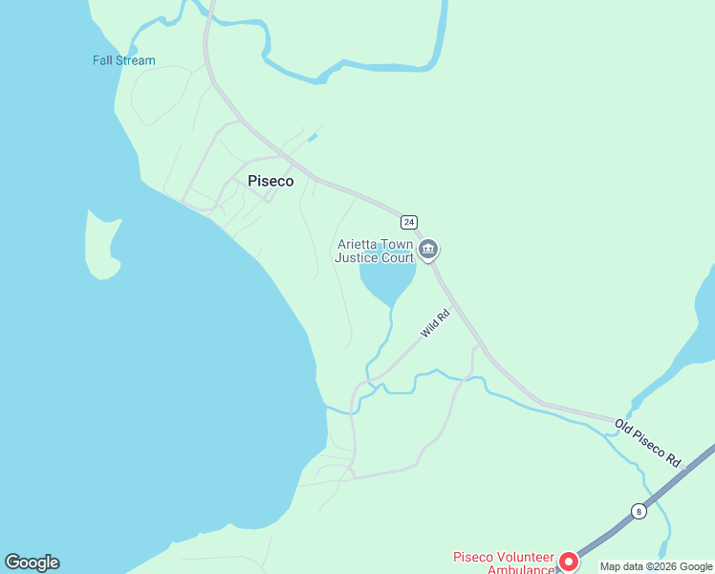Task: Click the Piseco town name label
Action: [271, 181]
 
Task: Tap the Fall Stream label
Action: [123, 60]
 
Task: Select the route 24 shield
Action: [409, 222]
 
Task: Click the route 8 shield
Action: [639, 511]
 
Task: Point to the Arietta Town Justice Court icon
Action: [428, 251]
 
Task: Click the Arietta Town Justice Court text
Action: [375, 251]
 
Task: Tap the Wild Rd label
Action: [436, 323]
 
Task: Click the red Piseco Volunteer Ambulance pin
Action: [568, 562]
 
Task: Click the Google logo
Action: [32, 563]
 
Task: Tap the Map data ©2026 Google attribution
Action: [656, 566]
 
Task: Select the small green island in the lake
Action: [103, 244]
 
